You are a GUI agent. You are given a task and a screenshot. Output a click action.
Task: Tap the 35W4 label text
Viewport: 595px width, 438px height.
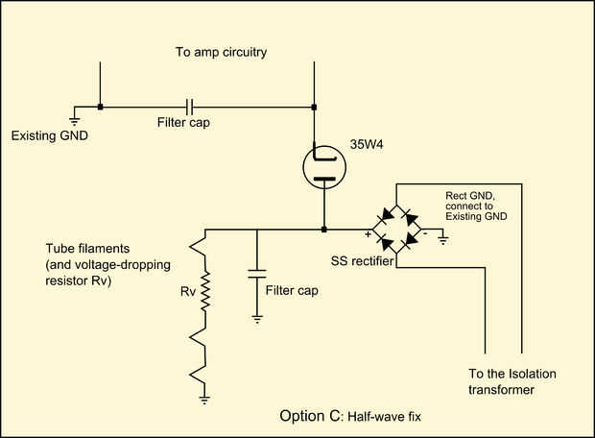[367, 144]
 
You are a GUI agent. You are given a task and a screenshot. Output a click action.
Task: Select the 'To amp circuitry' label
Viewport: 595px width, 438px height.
[222, 52]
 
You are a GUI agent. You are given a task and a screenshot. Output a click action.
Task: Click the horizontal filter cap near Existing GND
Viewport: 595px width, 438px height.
[190, 108]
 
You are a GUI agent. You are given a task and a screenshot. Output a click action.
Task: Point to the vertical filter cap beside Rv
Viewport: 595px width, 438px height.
[257, 274]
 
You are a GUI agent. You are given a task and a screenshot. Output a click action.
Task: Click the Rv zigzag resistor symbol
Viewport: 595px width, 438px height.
[205, 291]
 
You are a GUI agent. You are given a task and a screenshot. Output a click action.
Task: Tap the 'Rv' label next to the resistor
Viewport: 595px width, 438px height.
[188, 291]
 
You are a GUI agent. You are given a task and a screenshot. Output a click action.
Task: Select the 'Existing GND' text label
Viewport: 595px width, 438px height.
[50, 135]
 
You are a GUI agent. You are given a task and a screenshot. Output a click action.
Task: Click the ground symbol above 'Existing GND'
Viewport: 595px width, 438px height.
[75, 122]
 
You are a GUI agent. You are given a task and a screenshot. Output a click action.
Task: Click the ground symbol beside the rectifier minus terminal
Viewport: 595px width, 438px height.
[442, 240]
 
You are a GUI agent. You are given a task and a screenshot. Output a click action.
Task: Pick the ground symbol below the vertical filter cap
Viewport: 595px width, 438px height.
[257, 320]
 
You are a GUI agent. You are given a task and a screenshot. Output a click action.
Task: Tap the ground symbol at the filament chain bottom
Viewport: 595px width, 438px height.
[204, 400]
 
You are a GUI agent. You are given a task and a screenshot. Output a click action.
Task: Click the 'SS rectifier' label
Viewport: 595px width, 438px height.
[362, 261]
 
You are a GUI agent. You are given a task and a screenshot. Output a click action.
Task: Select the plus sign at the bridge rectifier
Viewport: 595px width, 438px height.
[368, 234]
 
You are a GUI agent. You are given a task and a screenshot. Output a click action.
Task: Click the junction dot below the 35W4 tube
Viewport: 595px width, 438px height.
[324, 230]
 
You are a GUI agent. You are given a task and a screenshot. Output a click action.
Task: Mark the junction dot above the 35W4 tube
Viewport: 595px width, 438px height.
[314, 108]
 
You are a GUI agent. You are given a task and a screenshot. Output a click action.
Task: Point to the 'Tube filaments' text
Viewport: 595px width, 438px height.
[87, 249]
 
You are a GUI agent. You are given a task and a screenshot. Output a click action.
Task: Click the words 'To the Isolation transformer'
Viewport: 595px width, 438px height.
[512, 381]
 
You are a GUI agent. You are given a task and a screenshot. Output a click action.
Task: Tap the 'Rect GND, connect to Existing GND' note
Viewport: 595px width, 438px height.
[476, 207]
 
